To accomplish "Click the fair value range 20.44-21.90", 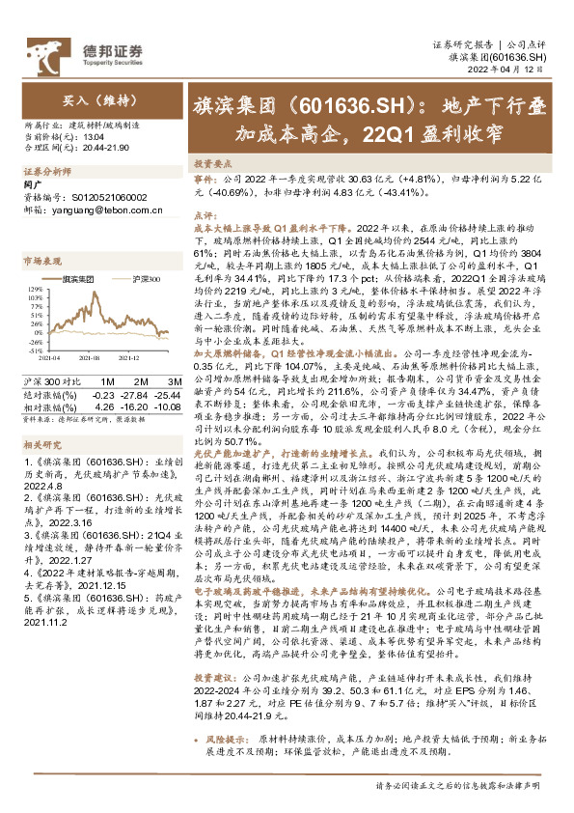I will pyautogui.click(x=99, y=148).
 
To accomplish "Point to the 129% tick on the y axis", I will pyautogui.click(x=37, y=287).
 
